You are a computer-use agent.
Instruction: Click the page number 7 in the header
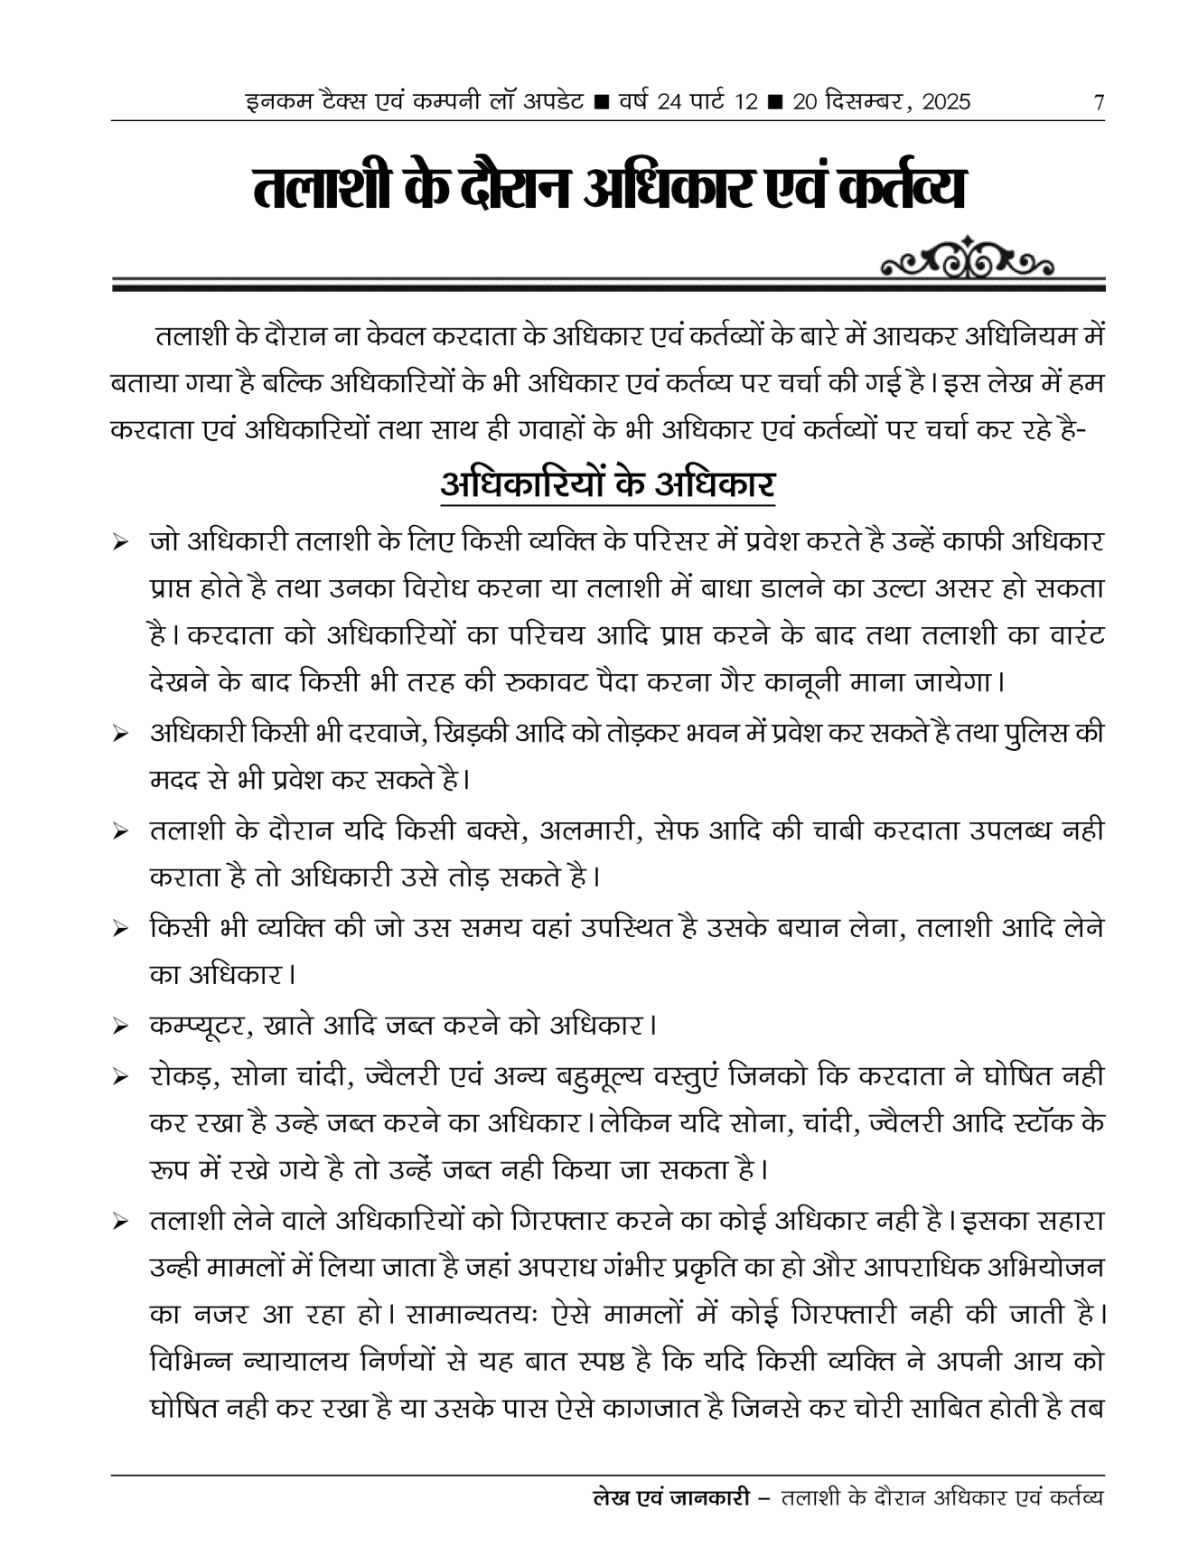coord(1098,102)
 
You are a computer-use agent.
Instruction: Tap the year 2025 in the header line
coord(944,102)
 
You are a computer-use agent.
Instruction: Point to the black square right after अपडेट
coord(600,102)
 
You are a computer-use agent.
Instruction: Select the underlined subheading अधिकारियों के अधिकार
coord(607,483)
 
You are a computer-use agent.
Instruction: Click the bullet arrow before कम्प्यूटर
coord(119,1028)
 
